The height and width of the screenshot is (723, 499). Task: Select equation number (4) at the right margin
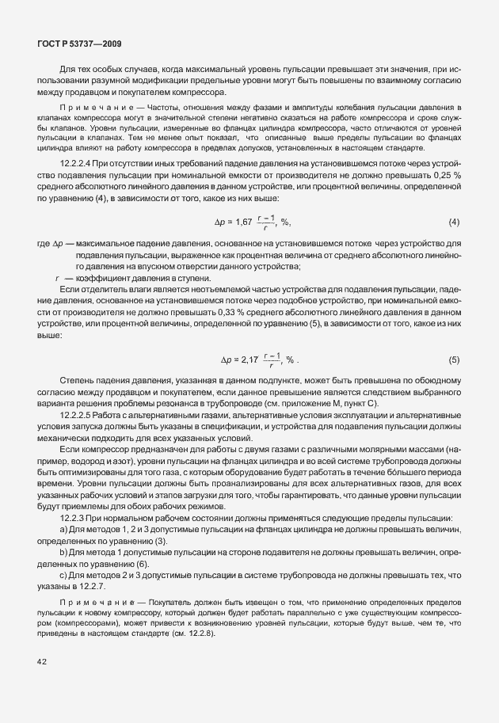click(x=454, y=223)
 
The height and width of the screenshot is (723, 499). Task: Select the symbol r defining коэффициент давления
click(x=57, y=277)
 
